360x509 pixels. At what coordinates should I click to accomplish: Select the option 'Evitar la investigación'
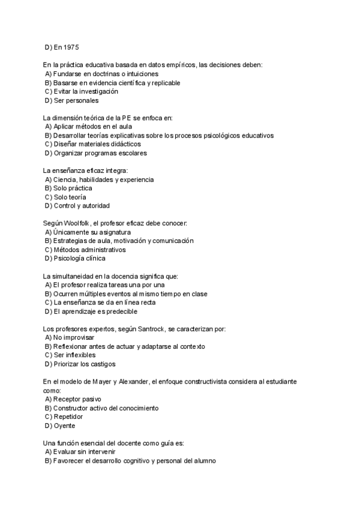click(85, 91)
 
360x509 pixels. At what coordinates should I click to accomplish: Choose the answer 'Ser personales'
click(76, 100)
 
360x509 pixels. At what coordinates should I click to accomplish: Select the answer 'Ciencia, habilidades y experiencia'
click(103, 179)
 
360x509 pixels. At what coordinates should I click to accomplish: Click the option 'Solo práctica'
click(73, 188)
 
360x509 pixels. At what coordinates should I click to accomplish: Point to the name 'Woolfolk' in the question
click(76, 223)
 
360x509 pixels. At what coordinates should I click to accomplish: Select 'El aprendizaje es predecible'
click(95, 312)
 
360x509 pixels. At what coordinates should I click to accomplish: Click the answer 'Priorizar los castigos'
click(85, 364)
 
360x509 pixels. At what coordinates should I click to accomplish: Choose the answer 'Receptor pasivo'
click(77, 399)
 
